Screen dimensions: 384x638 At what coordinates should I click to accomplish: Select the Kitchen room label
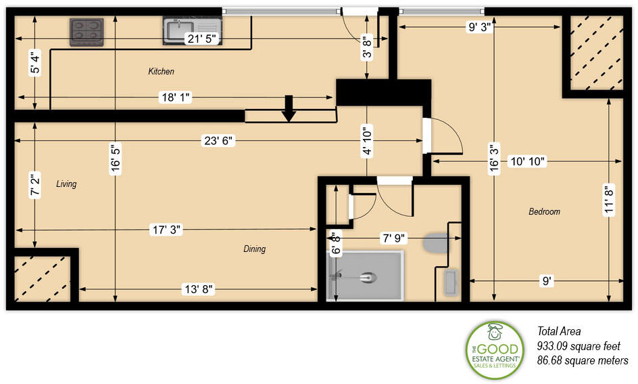(162, 71)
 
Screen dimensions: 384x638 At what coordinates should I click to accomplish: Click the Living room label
(66, 184)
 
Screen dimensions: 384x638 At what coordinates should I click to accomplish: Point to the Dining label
(255, 249)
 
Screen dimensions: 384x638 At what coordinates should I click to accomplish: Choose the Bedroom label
(544, 211)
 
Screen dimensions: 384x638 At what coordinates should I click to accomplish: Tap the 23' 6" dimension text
(218, 141)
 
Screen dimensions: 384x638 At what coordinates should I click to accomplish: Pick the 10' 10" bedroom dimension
(526, 162)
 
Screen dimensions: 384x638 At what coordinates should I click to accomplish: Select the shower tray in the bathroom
(365, 276)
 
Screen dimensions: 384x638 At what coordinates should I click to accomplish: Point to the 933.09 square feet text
(579, 346)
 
